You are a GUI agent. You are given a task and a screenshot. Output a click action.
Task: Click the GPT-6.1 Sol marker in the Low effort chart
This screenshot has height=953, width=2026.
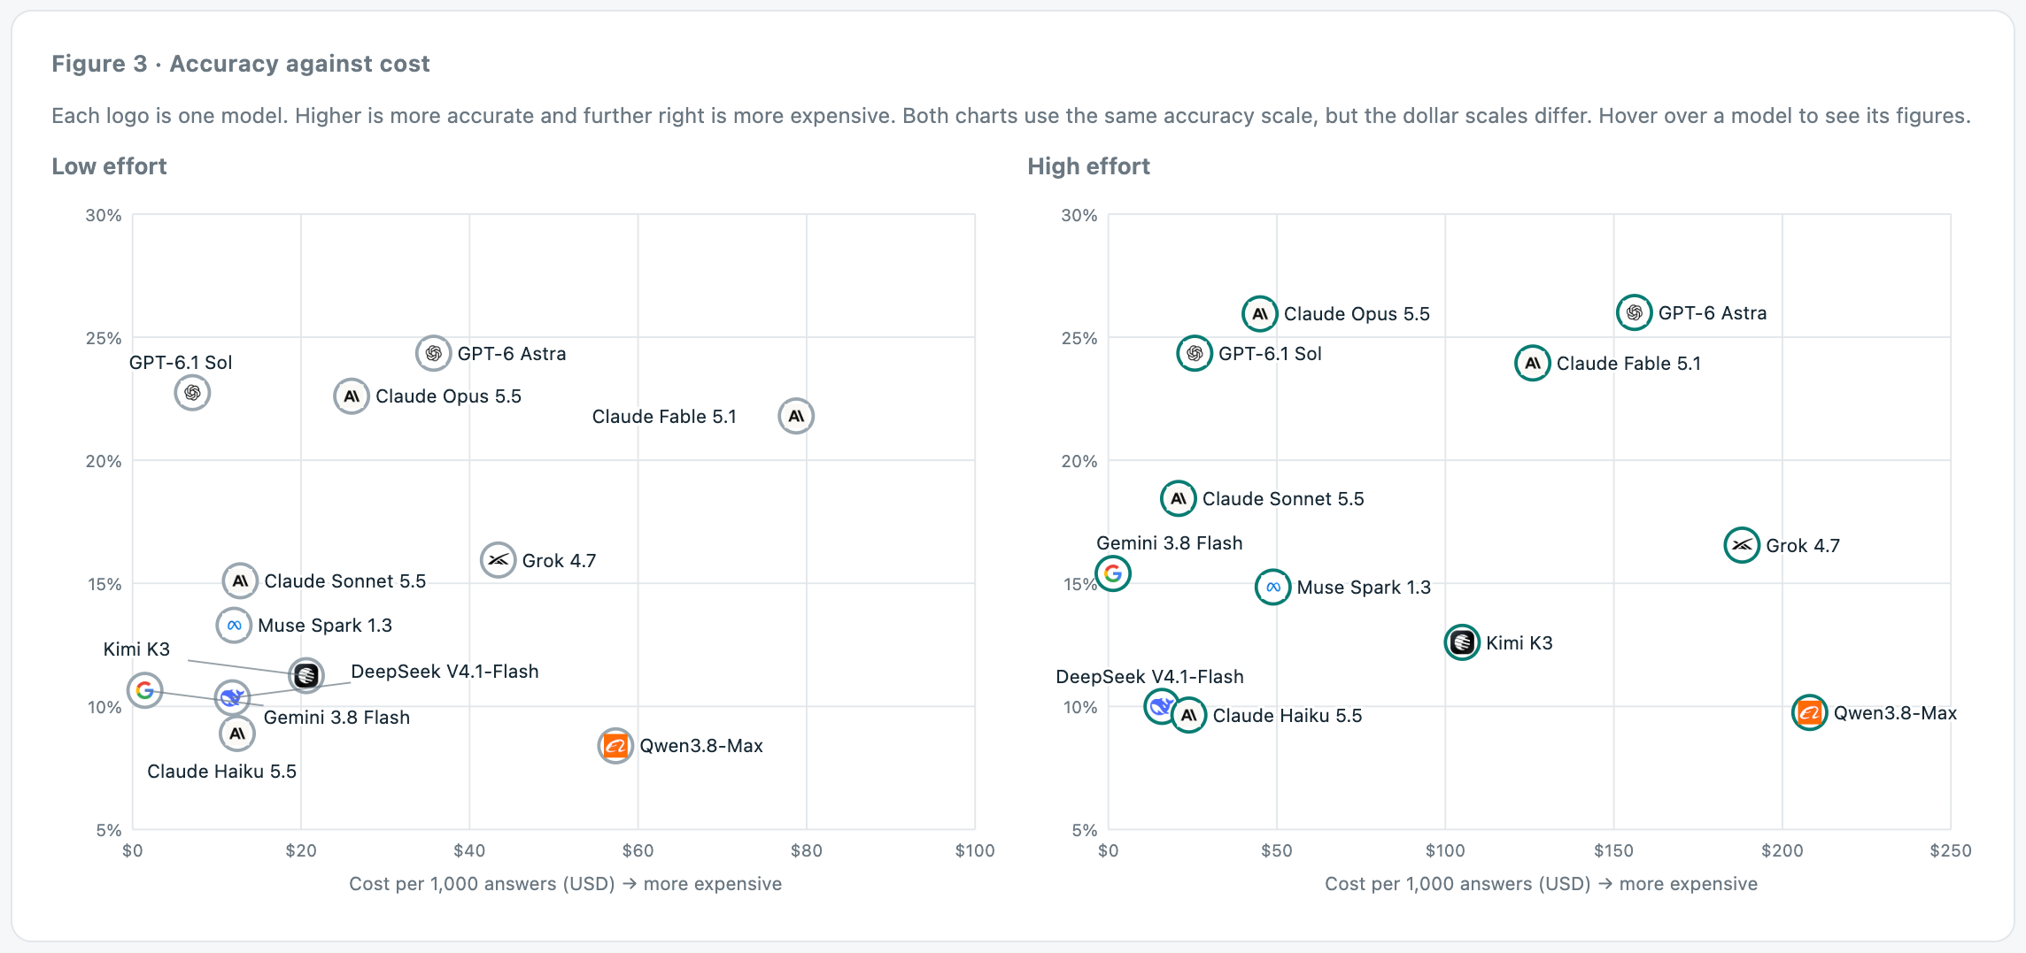pos(192,393)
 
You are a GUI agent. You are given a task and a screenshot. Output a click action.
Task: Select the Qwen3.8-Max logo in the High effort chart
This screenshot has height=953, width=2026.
pos(1810,712)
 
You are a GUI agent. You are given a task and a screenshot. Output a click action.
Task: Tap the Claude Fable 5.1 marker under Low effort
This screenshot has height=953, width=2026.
pos(796,416)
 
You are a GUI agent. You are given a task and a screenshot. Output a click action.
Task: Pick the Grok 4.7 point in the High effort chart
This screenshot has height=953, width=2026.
pos(1742,545)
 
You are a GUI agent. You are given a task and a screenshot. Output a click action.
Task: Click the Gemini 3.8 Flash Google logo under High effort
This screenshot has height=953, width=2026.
pos(1113,573)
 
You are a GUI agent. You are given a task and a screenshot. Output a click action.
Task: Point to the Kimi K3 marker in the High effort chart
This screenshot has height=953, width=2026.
pos(1462,642)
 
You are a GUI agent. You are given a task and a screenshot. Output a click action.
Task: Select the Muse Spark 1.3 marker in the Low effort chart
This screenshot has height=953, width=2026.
pos(234,626)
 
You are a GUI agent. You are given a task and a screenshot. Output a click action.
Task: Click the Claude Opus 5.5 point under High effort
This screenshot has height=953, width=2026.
pos(1259,313)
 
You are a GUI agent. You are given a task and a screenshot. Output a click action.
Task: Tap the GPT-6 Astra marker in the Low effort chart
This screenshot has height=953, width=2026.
pos(433,354)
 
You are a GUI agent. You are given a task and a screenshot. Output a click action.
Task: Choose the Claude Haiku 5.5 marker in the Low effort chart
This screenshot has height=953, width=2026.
pos(237,734)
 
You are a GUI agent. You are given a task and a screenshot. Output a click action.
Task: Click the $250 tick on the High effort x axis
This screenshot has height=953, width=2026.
pos(1951,851)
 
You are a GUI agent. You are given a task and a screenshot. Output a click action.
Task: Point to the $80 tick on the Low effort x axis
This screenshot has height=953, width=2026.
pos(807,851)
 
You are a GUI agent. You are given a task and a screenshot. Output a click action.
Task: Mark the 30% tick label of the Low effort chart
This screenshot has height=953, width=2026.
pos(104,216)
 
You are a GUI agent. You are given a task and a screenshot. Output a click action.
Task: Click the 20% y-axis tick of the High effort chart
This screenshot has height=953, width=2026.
pos(1079,461)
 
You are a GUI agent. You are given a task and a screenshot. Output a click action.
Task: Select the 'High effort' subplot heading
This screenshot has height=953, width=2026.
pos(1088,166)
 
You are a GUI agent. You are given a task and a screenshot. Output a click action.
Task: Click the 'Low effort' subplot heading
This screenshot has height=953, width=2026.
pos(109,166)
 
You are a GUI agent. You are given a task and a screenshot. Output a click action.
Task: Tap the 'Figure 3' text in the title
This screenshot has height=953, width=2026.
pos(99,64)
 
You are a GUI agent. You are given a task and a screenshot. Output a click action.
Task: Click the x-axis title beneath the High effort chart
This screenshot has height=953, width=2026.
pos(1541,884)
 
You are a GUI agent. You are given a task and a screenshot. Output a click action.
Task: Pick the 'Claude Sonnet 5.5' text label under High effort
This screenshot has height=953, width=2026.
pos(1283,499)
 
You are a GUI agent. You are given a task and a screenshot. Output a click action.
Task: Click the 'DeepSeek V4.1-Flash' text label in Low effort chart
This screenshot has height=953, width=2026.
pos(445,672)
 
